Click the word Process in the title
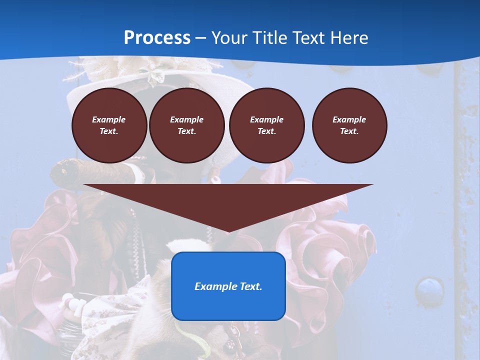(157, 38)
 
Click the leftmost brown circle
(109, 125)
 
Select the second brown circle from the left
(187, 125)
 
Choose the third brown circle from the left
(266, 125)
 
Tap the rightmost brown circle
(349, 125)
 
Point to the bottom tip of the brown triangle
(228, 231)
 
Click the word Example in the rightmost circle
(349, 119)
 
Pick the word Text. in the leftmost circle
(109, 131)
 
